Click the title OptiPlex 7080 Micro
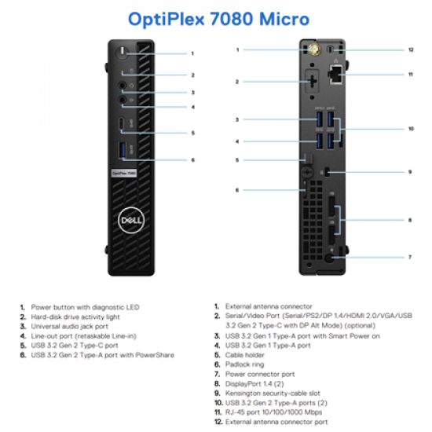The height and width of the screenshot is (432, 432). (x=216, y=18)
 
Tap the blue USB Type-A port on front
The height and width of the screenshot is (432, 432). (x=121, y=149)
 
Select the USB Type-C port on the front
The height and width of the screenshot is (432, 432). (x=121, y=123)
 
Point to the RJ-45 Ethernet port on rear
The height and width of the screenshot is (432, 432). (x=337, y=75)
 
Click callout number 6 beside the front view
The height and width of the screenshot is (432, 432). (x=192, y=159)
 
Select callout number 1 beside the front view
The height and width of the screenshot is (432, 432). (x=192, y=53)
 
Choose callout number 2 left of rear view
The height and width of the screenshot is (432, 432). (x=236, y=81)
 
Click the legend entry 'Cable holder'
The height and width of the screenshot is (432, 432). (x=245, y=353)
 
